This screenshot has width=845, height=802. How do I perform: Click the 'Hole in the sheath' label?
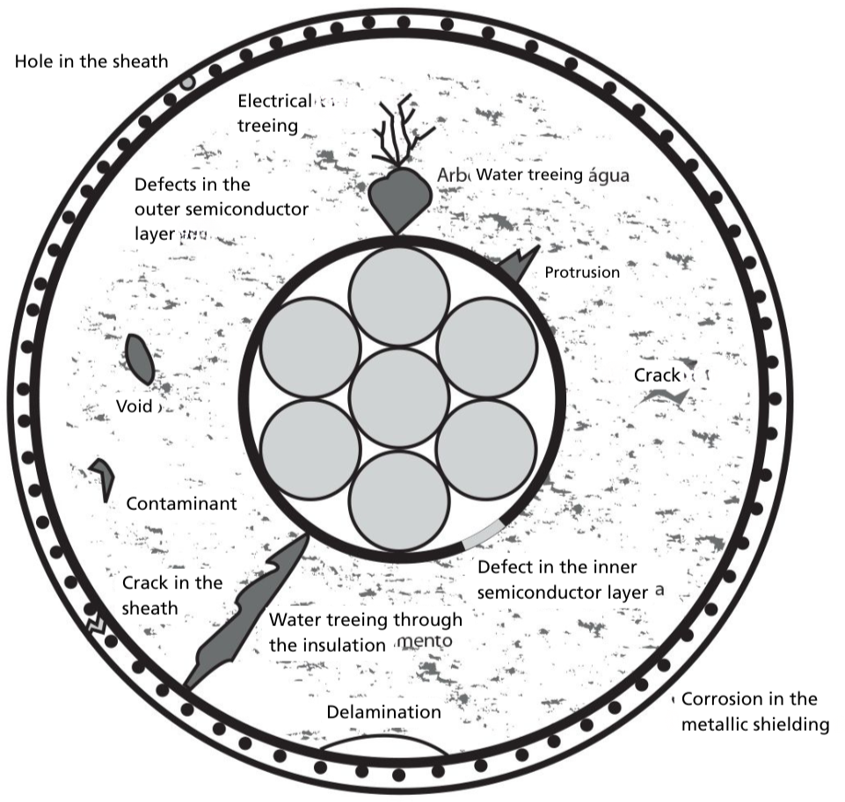(91, 62)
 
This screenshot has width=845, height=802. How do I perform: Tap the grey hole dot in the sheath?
(187, 83)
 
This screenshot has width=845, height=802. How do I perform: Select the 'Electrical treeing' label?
(274, 113)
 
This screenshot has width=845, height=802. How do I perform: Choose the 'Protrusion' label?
(581, 273)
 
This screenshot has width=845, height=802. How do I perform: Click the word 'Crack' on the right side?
(657, 375)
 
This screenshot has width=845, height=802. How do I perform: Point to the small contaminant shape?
(104, 475)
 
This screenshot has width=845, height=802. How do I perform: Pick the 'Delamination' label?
(383, 711)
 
